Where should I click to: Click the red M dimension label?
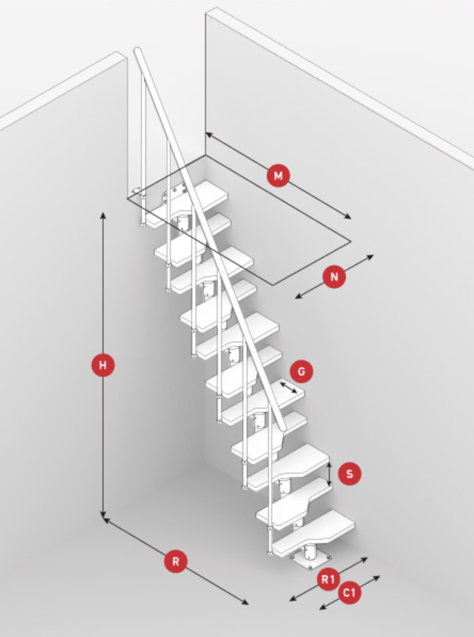(278, 176)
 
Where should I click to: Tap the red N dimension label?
(334, 277)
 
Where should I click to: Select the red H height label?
(103, 365)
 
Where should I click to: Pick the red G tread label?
(301, 371)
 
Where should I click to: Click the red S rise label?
(349, 474)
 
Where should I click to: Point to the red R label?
(176, 561)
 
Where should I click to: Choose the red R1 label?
(328, 579)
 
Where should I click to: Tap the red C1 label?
(349, 593)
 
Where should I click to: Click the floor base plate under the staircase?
(311, 561)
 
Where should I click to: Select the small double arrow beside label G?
(288, 387)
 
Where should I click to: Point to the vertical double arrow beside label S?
(329, 474)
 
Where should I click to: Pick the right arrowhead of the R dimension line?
(245, 603)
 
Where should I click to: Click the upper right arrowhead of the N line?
(370, 257)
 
